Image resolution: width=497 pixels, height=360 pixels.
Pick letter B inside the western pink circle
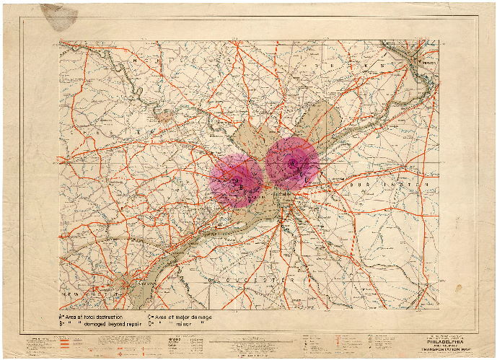(239, 186)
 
